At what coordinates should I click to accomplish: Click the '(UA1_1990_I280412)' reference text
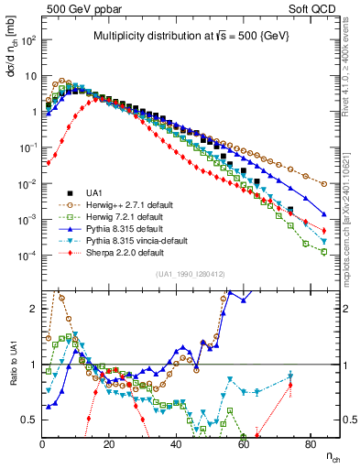pos(191,274)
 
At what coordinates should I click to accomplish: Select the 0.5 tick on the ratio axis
pos(31,420)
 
